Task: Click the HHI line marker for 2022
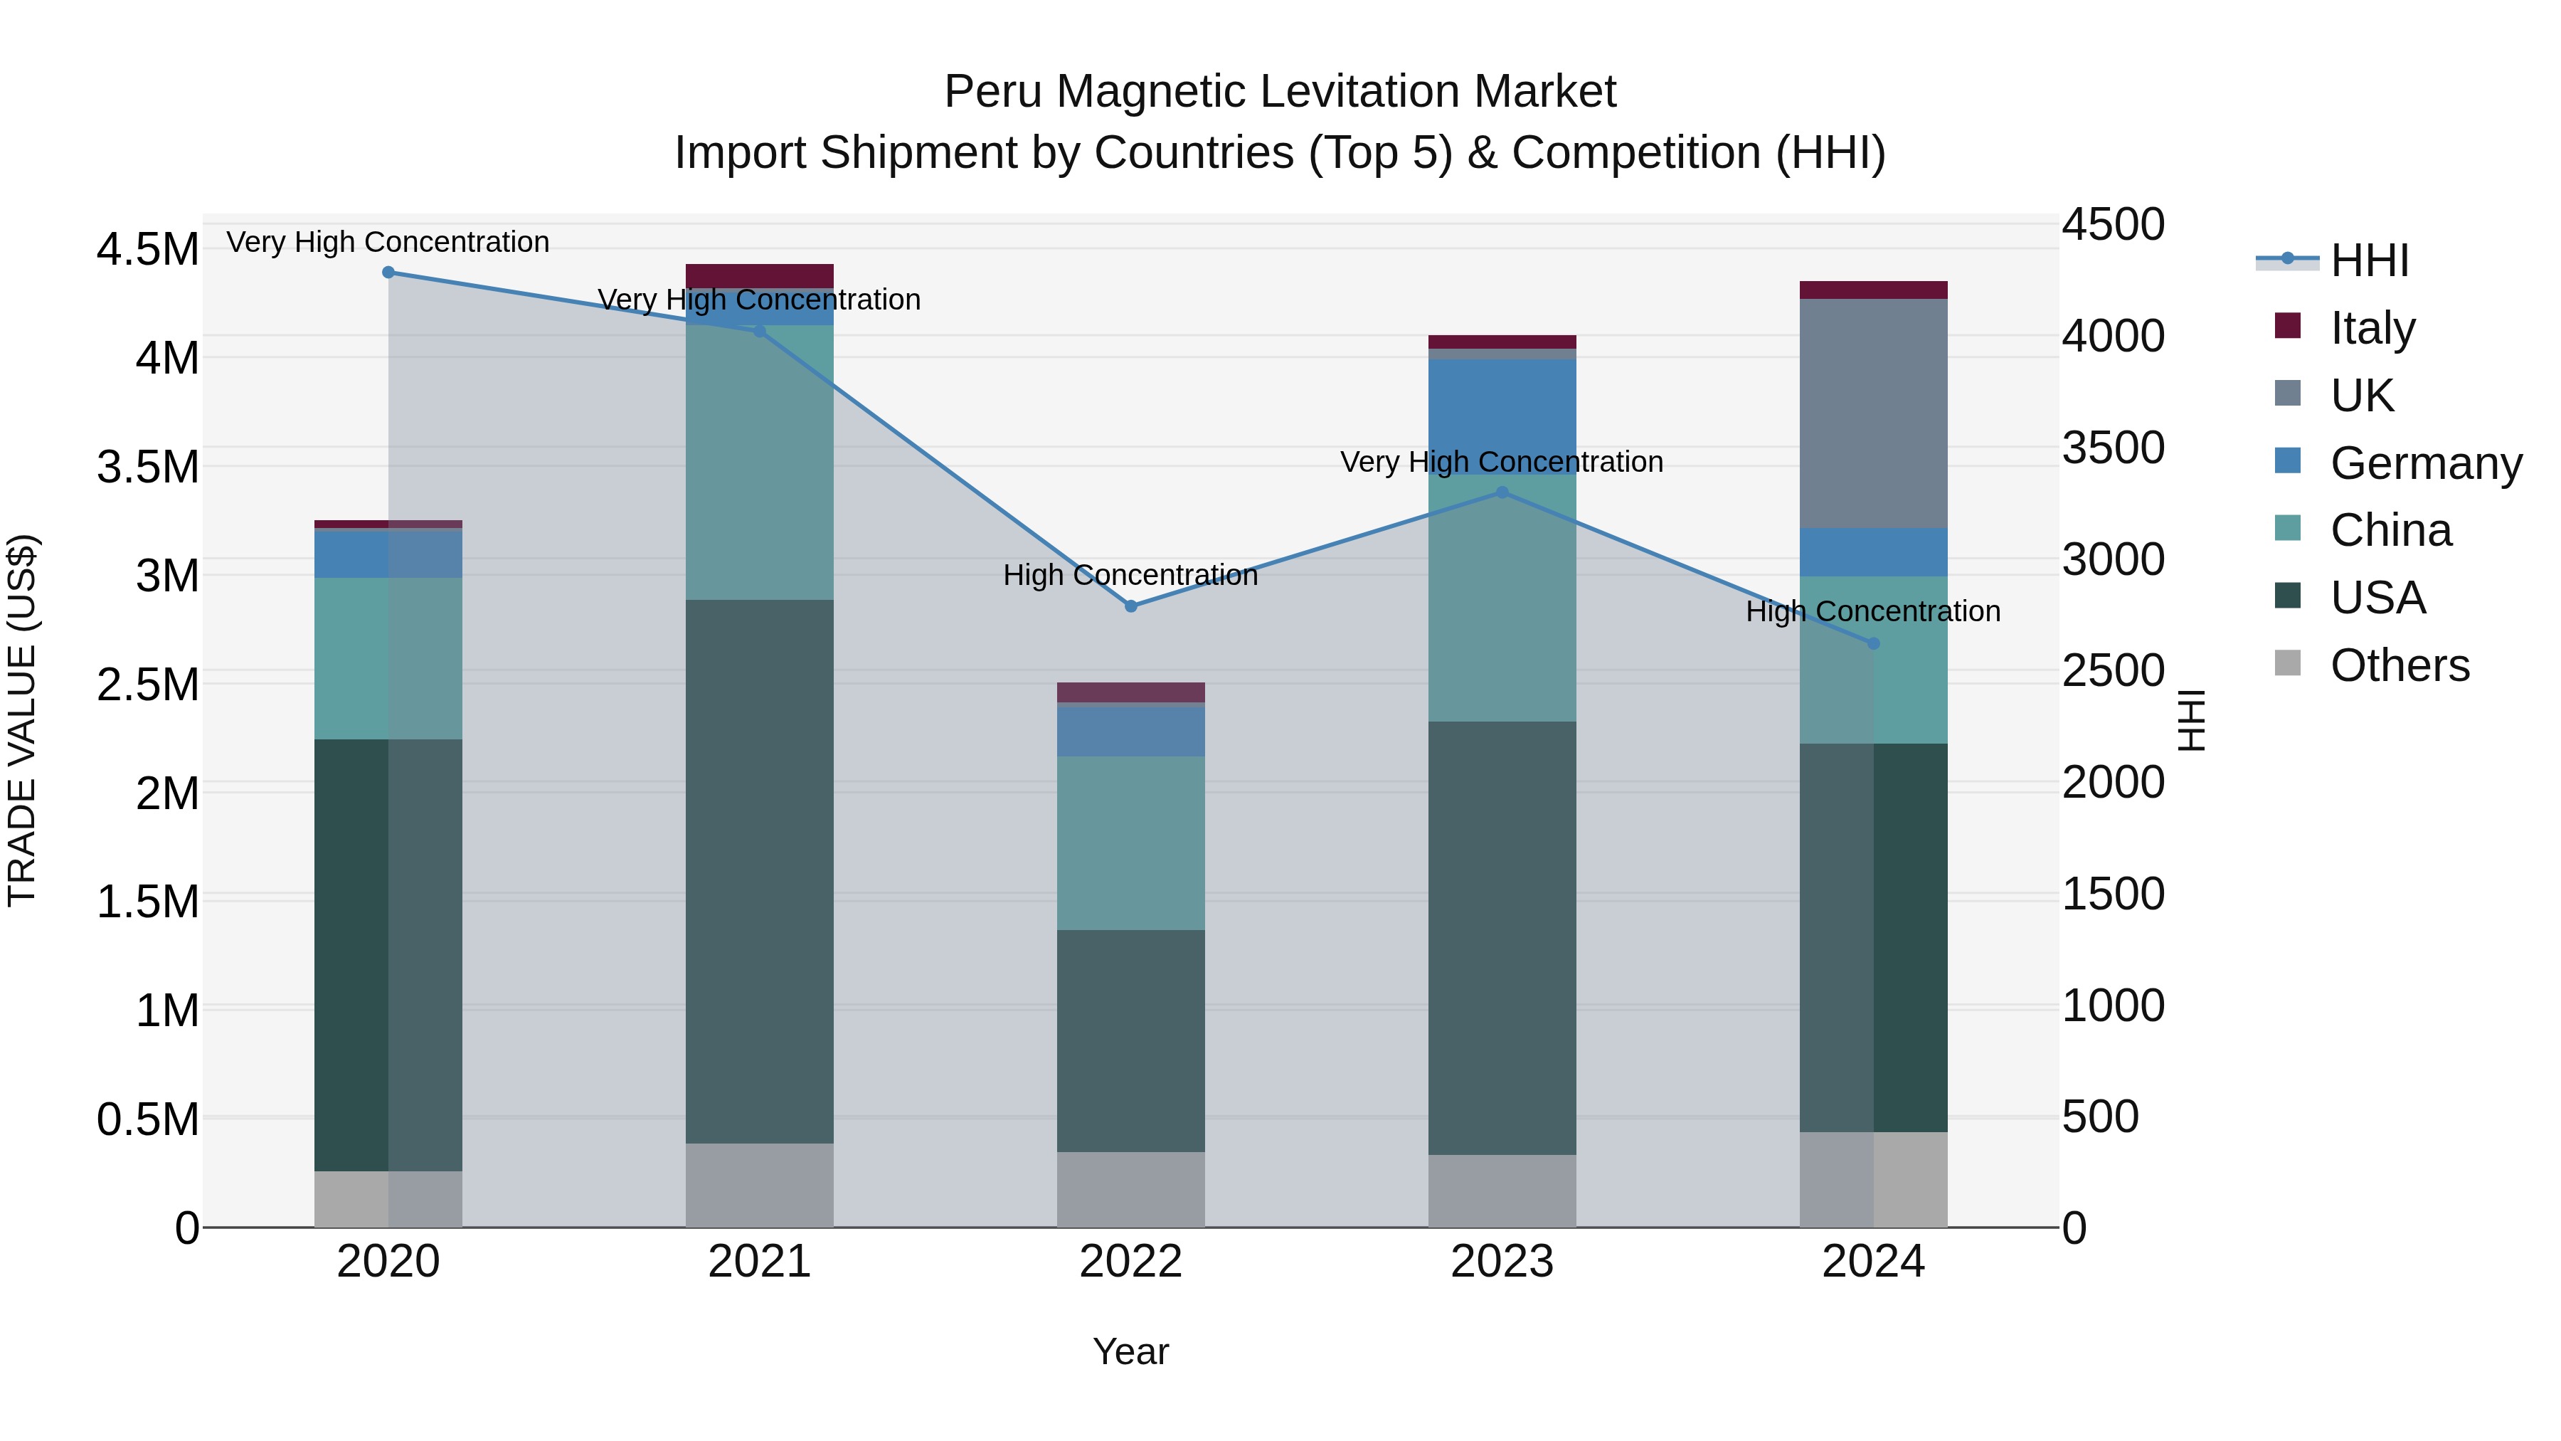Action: (x=1130, y=606)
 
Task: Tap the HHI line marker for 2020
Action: (x=388, y=273)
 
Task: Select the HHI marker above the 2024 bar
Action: (x=1873, y=643)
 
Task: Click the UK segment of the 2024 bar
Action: (x=1873, y=413)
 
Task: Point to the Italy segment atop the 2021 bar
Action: (x=760, y=275)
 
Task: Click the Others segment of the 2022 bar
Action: (x=1130, y=1188)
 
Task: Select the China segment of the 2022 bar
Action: (x=1130, y=843)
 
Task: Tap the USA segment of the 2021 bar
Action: (x=760, y=870)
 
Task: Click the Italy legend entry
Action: (x=2371, y=328)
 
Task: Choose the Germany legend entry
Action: (x=2425, y=463)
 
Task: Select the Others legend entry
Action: (x=2399, y=665)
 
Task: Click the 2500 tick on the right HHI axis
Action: (x=2113, y=670)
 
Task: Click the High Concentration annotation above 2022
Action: (x=1130, y=575)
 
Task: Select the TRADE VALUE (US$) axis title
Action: (x=22, y=720)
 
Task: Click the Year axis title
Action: (x=1130, y=1351)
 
